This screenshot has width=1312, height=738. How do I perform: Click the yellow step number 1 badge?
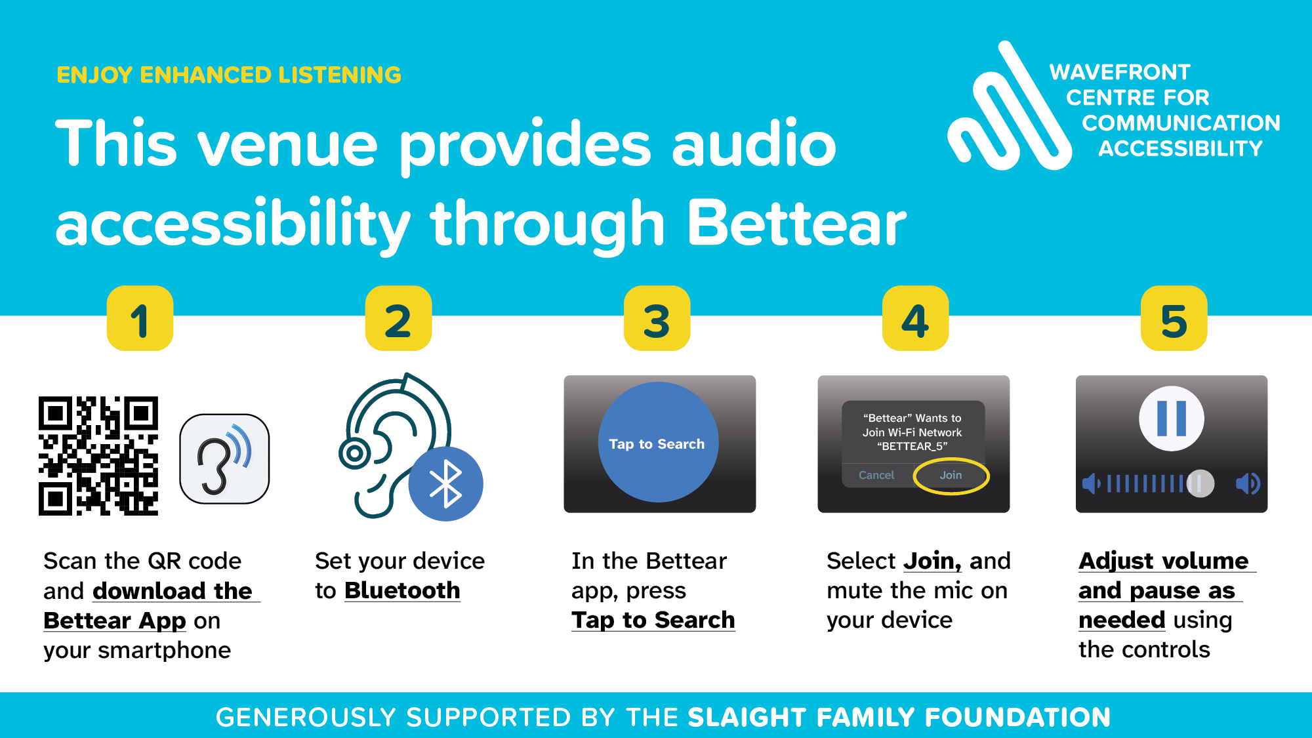click(x=140, y=319)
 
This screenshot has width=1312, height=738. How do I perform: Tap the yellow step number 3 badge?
click(x=657, y=319)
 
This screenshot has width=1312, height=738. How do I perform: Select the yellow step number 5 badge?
click(x=1174, y=319)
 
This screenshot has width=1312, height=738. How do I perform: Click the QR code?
click(x=98, y=456)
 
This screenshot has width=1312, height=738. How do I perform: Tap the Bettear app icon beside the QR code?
click(x=224, y=459)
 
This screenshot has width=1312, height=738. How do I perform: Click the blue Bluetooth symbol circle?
click(x=446, y=484)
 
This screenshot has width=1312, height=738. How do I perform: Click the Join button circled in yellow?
click(x=951, y=475)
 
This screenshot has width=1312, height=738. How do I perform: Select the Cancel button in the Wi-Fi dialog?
click(x=876, y=475)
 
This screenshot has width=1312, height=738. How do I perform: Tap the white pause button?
click(x=1172, y=418)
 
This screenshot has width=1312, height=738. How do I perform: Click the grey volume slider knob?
click(x=1200, y=484)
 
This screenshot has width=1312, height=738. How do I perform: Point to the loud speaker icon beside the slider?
click(x=1248, y=484)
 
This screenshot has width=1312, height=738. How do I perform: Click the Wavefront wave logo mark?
click(x=1007, y=112)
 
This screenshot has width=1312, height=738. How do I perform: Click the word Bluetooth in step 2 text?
click(x=402, y=590)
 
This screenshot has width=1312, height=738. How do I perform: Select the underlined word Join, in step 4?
click(x=932, y=561)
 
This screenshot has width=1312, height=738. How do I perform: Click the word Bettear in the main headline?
click(x=796, y=223)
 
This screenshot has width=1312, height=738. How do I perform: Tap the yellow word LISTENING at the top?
click(x=340, y=75)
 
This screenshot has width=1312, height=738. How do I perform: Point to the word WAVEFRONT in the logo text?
click(x=1120, y=72)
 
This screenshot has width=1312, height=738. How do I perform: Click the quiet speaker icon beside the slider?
click(x=1091, y=484)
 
